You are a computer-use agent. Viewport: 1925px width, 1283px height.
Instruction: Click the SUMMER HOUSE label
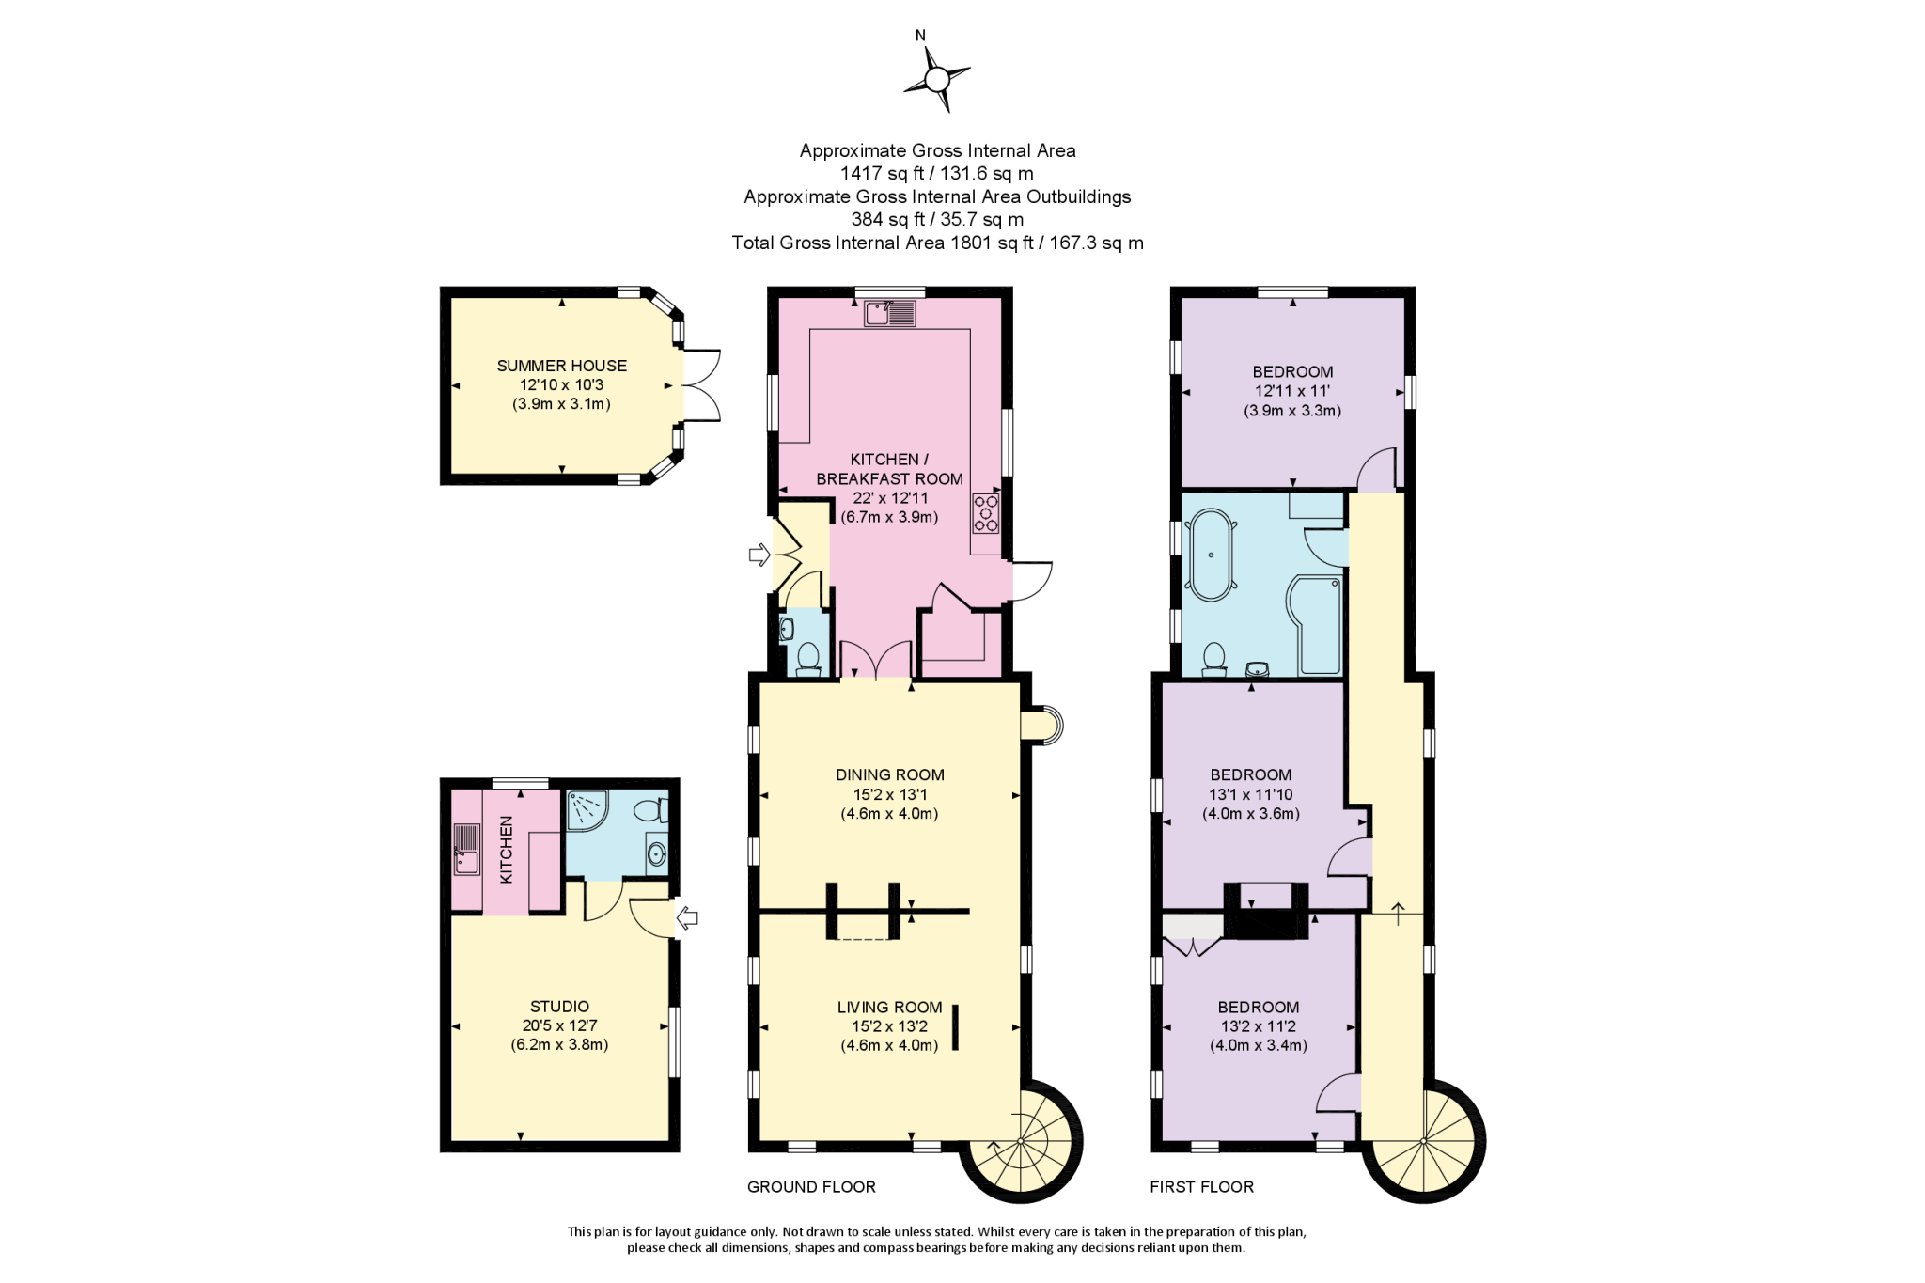561,366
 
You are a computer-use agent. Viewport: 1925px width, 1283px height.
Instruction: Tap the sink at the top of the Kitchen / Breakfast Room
890,313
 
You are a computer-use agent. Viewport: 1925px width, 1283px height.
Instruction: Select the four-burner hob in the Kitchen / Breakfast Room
986,513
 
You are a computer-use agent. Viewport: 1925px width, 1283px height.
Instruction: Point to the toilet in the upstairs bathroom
1214,659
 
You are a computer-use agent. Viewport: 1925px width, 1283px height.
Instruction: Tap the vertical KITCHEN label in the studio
507,849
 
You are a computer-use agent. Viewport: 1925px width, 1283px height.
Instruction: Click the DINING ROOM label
889,774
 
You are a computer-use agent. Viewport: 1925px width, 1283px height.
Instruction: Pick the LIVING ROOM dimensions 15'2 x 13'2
889,1026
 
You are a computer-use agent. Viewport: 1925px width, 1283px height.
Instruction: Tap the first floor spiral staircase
1424,1141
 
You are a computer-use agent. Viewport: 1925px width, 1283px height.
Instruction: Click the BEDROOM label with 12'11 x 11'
1292,371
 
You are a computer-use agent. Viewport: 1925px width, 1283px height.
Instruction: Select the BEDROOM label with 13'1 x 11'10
1251,774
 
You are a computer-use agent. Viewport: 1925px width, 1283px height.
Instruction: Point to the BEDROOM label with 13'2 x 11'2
1258,1007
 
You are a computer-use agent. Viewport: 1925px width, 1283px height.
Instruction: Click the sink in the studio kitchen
466,849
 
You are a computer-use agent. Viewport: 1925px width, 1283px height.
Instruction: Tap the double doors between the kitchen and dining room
876,659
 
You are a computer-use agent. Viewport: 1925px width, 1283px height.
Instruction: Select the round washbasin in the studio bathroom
656,854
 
